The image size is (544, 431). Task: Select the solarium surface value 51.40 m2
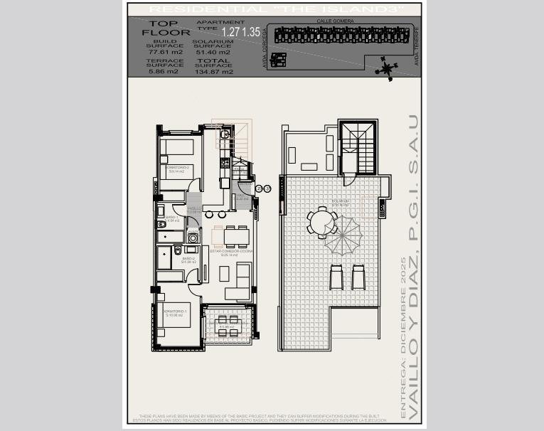pos(213,52)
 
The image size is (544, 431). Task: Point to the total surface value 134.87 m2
pos(213,71)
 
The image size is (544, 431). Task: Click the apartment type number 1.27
pos(231,32)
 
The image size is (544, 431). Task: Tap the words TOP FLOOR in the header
pos(160,28)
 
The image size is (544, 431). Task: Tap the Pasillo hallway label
pos(194,209)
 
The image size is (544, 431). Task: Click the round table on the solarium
pos(322,221)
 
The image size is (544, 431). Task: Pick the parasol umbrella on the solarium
pos(343,235)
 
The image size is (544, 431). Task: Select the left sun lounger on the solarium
pos(336,277)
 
